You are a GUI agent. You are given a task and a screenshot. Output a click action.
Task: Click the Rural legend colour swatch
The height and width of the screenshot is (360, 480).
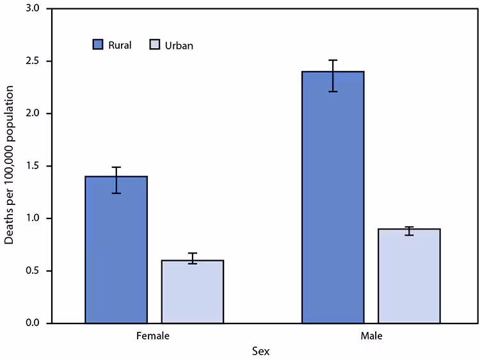click(x=97, y=45)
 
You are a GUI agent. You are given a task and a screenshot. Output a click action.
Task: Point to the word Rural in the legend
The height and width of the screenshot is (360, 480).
click(x=120, y=45)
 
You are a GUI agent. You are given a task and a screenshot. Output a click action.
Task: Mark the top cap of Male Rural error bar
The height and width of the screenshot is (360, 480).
click(x=333, y=60)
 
